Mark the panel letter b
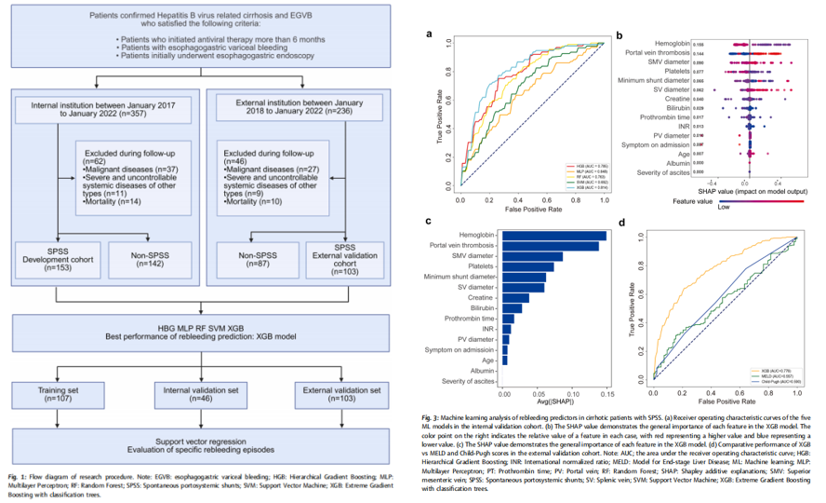[619, 34]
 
